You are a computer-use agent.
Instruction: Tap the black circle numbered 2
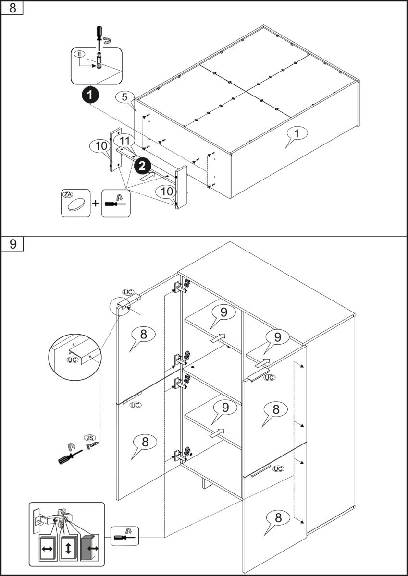pyautogui.click(x=142, y=166)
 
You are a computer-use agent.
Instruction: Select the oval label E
pyautogui.click(x=80, y=55)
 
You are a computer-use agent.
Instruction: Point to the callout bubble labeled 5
pyautogui.click(x=124, y=97)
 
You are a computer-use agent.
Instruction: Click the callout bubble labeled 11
pyautogui.click(x=124, y=141)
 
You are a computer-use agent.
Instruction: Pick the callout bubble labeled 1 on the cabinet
pyautogui.click(x=297, y=134)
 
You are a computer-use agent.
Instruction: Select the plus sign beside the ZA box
pyautogui.click(x=96, y=204)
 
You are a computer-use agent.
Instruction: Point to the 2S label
pyautogui.click(x=89, y=437)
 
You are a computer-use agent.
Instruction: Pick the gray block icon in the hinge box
pyautogui.click(x=88, y=548)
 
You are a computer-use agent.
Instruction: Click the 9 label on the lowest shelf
pyautogui.click(x=225, y=408)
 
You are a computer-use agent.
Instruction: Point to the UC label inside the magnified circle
pyautogui.click(x=73, y=359)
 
